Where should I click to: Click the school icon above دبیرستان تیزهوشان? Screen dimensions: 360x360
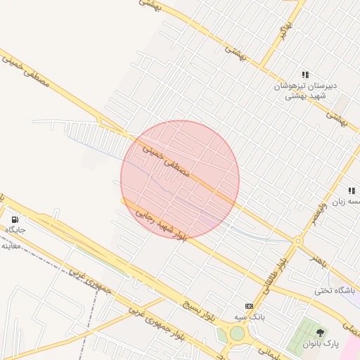(305, 75)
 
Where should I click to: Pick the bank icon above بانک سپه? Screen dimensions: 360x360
(249, 306)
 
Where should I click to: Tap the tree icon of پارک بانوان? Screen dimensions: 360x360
(321, 333)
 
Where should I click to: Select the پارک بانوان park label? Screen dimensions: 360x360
(321, 345)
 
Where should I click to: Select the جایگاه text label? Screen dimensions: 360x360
(15, 230)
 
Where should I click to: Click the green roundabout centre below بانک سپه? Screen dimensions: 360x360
(237, 334)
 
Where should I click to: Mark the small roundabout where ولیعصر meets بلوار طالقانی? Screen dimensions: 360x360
(297, 241)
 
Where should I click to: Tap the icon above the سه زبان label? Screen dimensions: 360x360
(351, 191)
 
